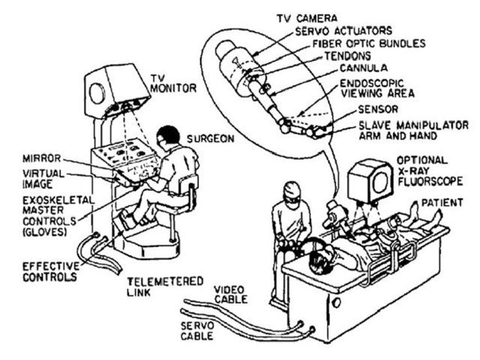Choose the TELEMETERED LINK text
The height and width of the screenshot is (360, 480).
[154, 286]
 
